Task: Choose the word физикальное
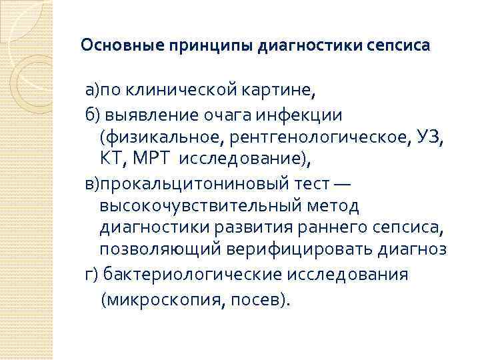click(157, 138)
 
